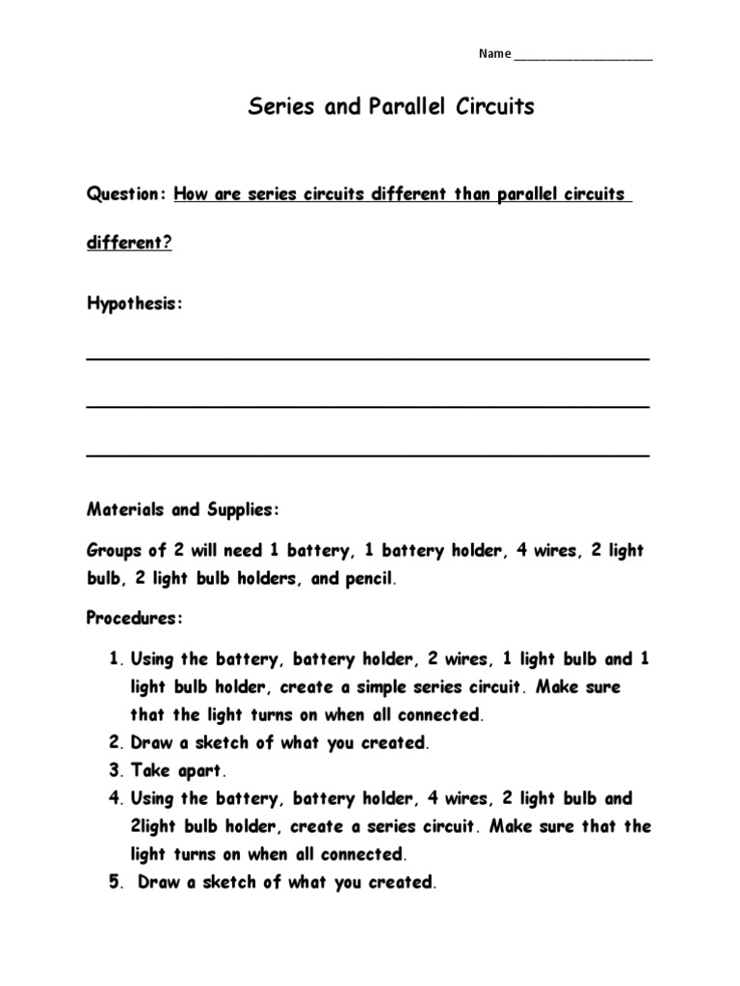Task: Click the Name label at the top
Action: [494, 54]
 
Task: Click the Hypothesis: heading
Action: [134, 304]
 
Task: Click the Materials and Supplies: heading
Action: [183, 509]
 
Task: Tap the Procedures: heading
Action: [135, 618]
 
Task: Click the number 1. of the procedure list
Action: [117, 660]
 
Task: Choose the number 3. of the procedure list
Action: [117, 770]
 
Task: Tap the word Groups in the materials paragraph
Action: [114, 552]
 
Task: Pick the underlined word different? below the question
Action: [129, 243]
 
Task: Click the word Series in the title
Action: [281, 106]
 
